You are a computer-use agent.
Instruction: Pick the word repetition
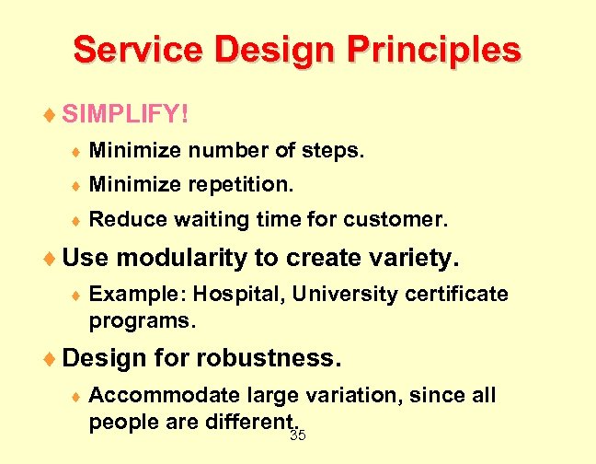(242, 185)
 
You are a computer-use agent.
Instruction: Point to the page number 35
(298, 435)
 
